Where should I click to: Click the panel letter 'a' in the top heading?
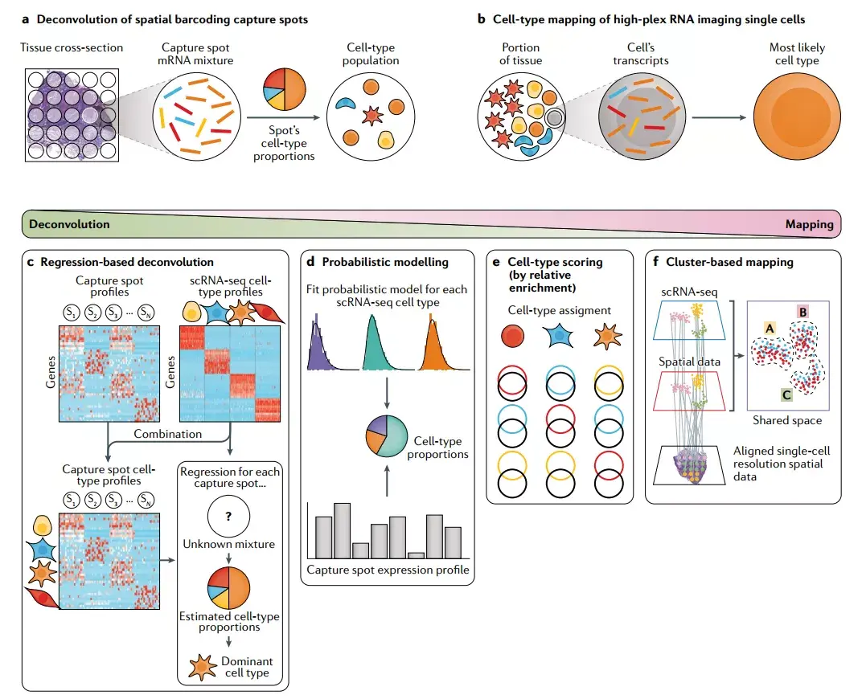point(26,19)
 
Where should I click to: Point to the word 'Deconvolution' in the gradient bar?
point(70,225)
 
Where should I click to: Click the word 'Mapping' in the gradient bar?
point(809,225)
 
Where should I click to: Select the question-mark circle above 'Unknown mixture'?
point(228,517)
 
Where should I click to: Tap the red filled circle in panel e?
point(512,336)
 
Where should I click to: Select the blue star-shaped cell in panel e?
point(560,337)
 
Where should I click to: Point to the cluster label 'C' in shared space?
point(786,394)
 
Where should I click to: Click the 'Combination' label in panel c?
point(167,434)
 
